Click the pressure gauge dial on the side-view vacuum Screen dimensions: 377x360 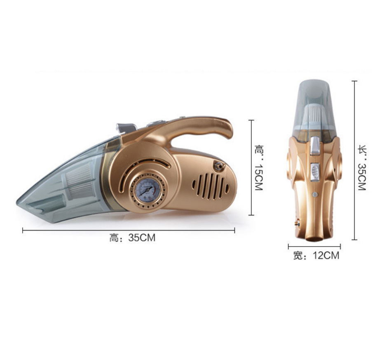coord(148,191)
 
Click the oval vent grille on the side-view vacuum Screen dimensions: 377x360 coord(211,186)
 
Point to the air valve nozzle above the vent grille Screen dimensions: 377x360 coord(218,167)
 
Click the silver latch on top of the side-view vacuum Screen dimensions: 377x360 coord(126,127)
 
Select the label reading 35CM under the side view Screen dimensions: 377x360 coord(142,238)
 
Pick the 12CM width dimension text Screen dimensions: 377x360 coord(326,255)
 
